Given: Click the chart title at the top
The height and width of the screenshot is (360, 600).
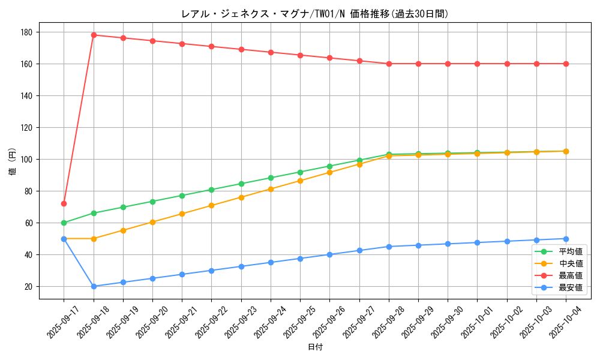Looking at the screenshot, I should click(x=315, y=14).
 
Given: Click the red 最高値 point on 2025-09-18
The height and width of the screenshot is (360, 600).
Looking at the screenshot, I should click(x=94, y=35).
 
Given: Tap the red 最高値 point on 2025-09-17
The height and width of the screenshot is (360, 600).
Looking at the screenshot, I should click(x=64, y=203).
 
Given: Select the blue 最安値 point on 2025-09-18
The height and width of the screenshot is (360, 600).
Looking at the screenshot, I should click(x=94, y=286).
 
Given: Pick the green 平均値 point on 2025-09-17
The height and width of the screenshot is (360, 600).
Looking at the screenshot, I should click(x=64, y=223).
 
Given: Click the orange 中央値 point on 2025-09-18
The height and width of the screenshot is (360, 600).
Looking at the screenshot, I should click(x=94, y=239).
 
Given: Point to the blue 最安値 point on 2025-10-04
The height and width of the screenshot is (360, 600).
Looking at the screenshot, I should click(x=566, y=239).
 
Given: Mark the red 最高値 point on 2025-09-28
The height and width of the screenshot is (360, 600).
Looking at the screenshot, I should click(x=389, y=64).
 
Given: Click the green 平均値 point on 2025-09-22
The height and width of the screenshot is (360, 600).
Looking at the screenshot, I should click(x=211, y=190).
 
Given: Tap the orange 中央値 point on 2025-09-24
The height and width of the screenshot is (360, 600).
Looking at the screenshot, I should click(x=271, y=189).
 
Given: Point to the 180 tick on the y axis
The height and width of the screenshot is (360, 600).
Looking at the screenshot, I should click(x=28, y=32).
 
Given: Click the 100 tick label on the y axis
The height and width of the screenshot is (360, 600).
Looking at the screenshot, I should click(x=28, y=159).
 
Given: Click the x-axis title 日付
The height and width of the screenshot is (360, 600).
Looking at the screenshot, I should click(x=315, y=347).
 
